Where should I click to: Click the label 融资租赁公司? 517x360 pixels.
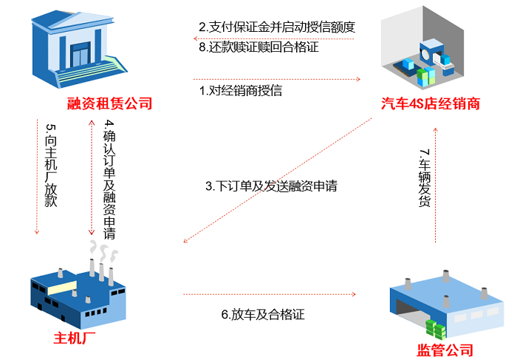[x=109, y=103]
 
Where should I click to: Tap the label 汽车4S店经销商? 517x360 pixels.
[x=431, y=103]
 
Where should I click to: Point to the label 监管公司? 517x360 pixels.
[x=445, y=350]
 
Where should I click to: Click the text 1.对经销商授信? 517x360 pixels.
[x=241, y=92]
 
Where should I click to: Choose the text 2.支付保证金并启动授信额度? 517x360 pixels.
[x=278, y=27]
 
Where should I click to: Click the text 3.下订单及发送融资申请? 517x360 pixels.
[x=271, y=186]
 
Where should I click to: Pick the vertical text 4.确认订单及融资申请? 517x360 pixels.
[x=109, y=178]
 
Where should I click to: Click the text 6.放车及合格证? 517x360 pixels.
[x=263, y=314]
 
